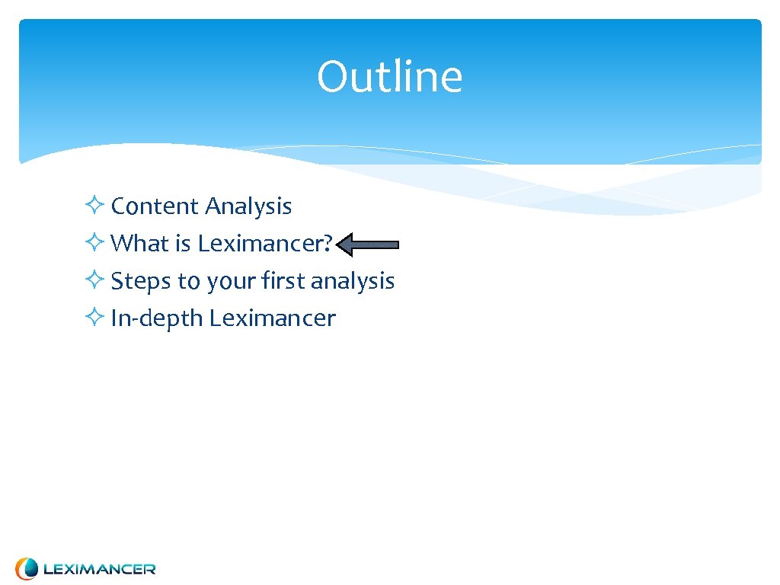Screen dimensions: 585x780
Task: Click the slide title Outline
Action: click(x=389, y=77)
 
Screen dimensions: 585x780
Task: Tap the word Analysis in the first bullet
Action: click(x=248, y=206)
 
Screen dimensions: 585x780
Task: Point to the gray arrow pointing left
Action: click(x=368, y=245)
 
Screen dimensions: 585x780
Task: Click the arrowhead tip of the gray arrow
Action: click(x=338, y=245)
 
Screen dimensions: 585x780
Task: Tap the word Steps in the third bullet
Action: click(x=141, y=281)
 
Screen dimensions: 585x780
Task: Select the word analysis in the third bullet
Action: click(x=353, y=281)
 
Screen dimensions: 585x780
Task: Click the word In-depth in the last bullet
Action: click(x=157, y=318)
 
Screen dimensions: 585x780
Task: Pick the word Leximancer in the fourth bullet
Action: click(x=272, y=318)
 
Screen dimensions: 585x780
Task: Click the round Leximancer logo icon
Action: click(x=27, y=568)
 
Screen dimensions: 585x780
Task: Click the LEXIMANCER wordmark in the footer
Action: click(x=99, y=569)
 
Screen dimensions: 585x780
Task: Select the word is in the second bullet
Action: click(x=182, y=244)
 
